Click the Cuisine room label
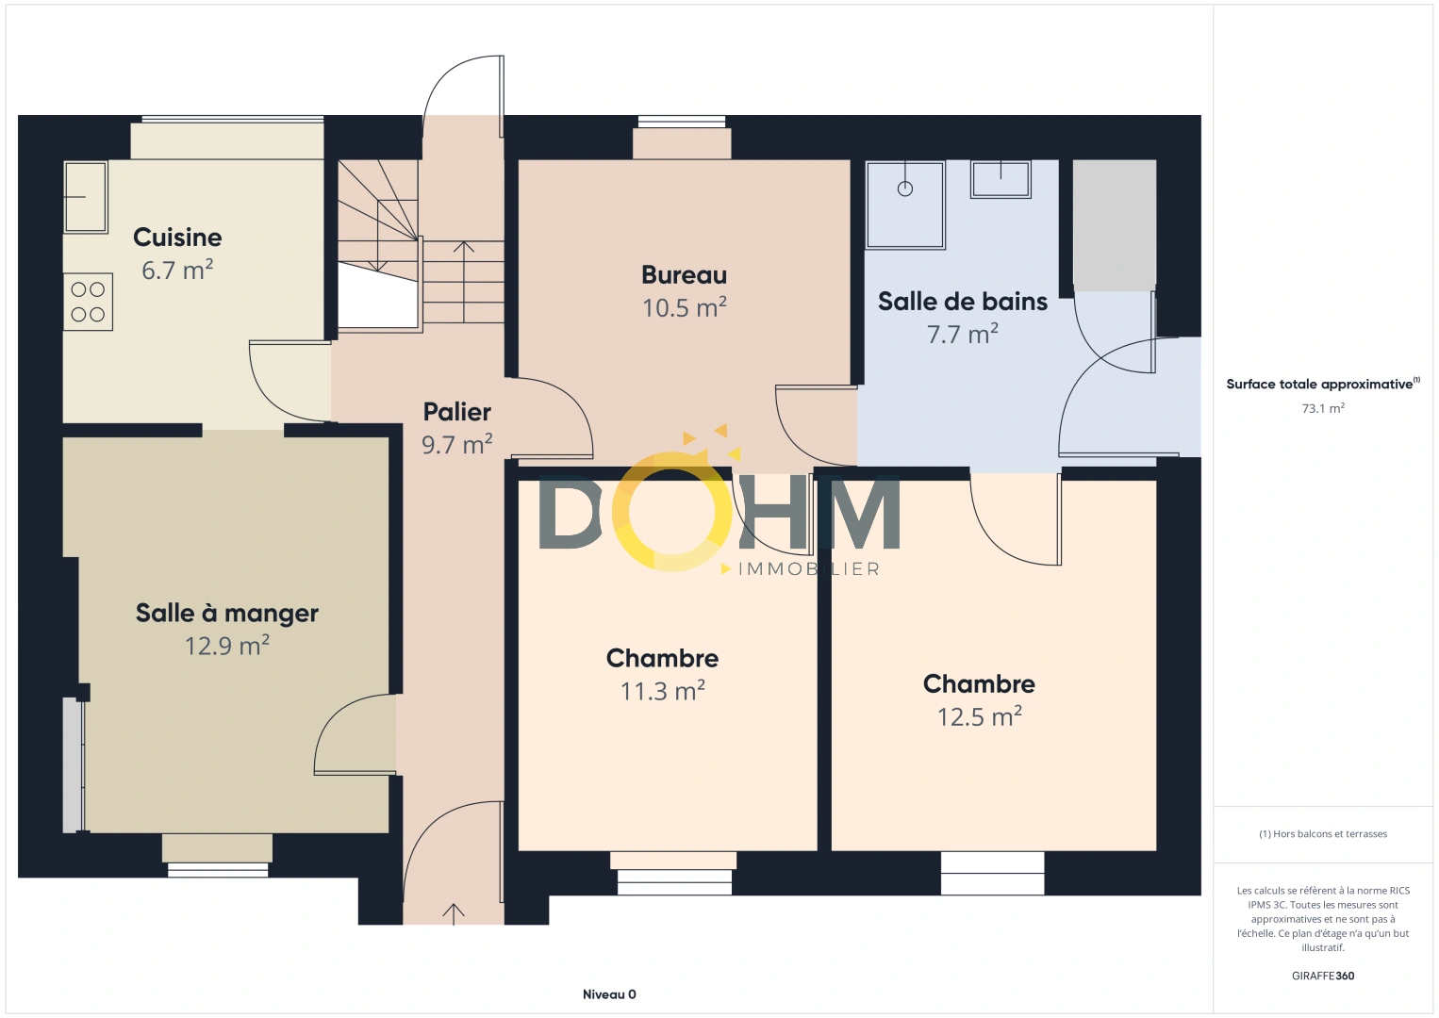[x=177, y=238]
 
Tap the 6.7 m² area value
[x=177, y=271]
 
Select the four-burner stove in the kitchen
[x=88, y=303]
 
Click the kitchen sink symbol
[x=85, y=196]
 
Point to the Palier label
[x=456, y=412]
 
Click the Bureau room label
[x=684, y=275]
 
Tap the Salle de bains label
[x=962, y=302]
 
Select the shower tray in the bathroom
[x=905, y=205]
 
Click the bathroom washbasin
[x=1001, y=178]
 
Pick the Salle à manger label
[x=227, y=614]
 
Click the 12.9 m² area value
[x=227, y=647]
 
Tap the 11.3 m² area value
[x=662, y=692]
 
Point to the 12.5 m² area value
[x=979, y=717]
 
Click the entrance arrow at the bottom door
[x=454, y=913]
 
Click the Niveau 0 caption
[x=609, y=994]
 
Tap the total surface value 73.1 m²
[x=1323, y=409]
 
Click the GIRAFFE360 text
[x=1323, y=977]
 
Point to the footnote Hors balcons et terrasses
[x=1323, y=834]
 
